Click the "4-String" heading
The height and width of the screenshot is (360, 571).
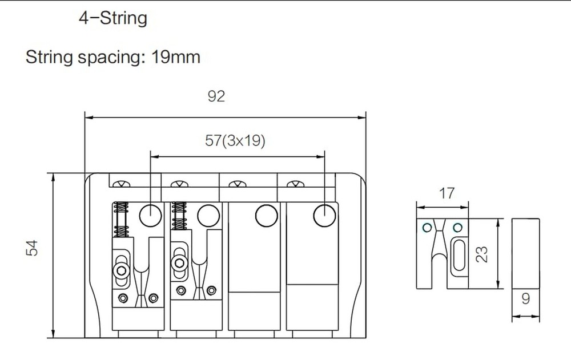click(112, 18)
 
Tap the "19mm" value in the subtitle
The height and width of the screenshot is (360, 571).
click(176, 57)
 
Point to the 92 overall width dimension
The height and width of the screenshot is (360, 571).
click(216, 96)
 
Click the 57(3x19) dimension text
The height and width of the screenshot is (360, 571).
click(235, 140)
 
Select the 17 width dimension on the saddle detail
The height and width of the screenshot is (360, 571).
click(447, 193)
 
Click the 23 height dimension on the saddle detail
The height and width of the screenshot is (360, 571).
click(482, 253)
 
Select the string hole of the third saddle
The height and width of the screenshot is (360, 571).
click(266, 215)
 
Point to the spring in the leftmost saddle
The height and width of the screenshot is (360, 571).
click(120, 220)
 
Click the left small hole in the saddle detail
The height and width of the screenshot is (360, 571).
click(426, 228)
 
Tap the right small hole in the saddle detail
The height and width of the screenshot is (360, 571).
click(457, 228)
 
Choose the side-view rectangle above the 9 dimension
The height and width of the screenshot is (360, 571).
click(525, 253)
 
